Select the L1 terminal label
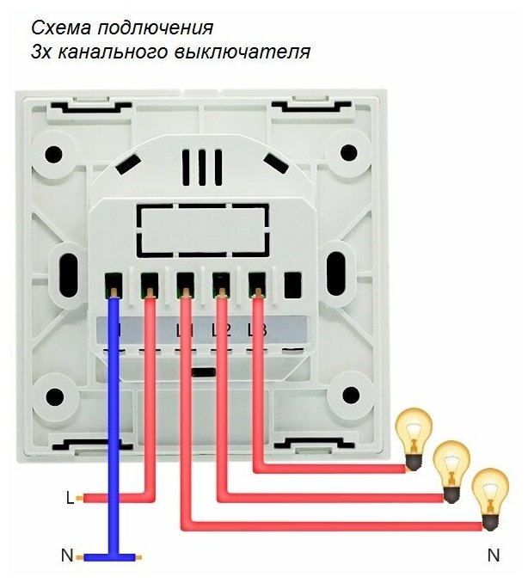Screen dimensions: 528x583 pos(183,329)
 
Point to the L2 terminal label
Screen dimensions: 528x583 pos(220,329)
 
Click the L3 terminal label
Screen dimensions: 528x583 pos(255,329)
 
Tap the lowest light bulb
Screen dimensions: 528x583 pos(489,497)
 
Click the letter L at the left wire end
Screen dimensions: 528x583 pos(70,497)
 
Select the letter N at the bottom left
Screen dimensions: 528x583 pos(66,555)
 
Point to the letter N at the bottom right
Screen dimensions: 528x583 pos(494,555)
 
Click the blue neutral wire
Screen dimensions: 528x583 pos(113,430)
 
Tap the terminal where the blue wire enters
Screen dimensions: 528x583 pos(113,283)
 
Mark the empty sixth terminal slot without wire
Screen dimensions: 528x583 pos(292,283)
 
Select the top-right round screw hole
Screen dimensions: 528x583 pos(347,152)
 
